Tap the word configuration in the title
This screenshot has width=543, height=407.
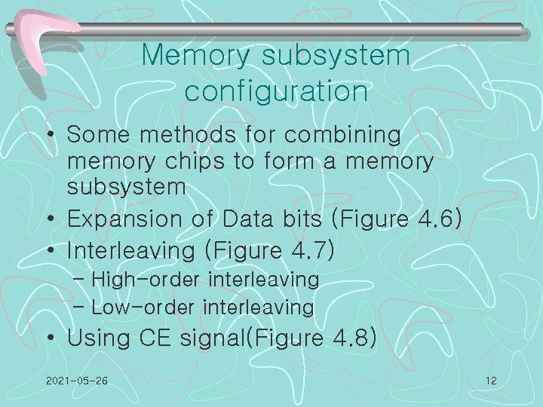[x=276, y=91]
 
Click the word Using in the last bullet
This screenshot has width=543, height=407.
[x=95, y=338]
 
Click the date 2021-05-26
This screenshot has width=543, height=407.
[x=76, y=381]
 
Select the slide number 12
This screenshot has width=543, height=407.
[x=491, y=381]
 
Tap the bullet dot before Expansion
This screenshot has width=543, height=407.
[x=51, y=219]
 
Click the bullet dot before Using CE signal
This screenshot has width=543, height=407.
[x=51, y=339]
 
